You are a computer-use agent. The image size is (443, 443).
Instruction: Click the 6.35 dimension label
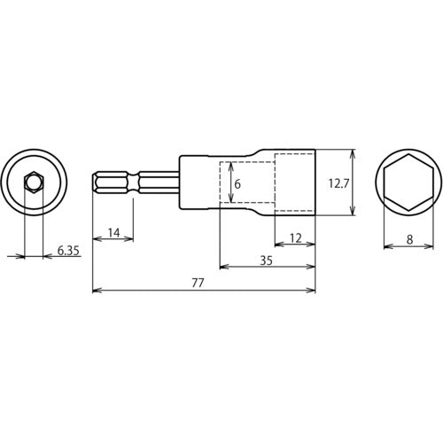pos(68,251)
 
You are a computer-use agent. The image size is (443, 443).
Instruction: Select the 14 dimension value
pos(113,233)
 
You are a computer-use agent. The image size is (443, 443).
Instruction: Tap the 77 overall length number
pos(198,284)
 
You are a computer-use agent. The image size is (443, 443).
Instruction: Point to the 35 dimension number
pos(266,260)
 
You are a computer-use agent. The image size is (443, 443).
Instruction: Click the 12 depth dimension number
pos(296,238)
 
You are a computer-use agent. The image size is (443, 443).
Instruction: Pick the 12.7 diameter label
pos(338,184)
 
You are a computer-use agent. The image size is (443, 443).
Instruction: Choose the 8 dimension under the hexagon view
pos(409,240)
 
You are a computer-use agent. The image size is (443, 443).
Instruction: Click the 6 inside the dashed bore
pos(237,184)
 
